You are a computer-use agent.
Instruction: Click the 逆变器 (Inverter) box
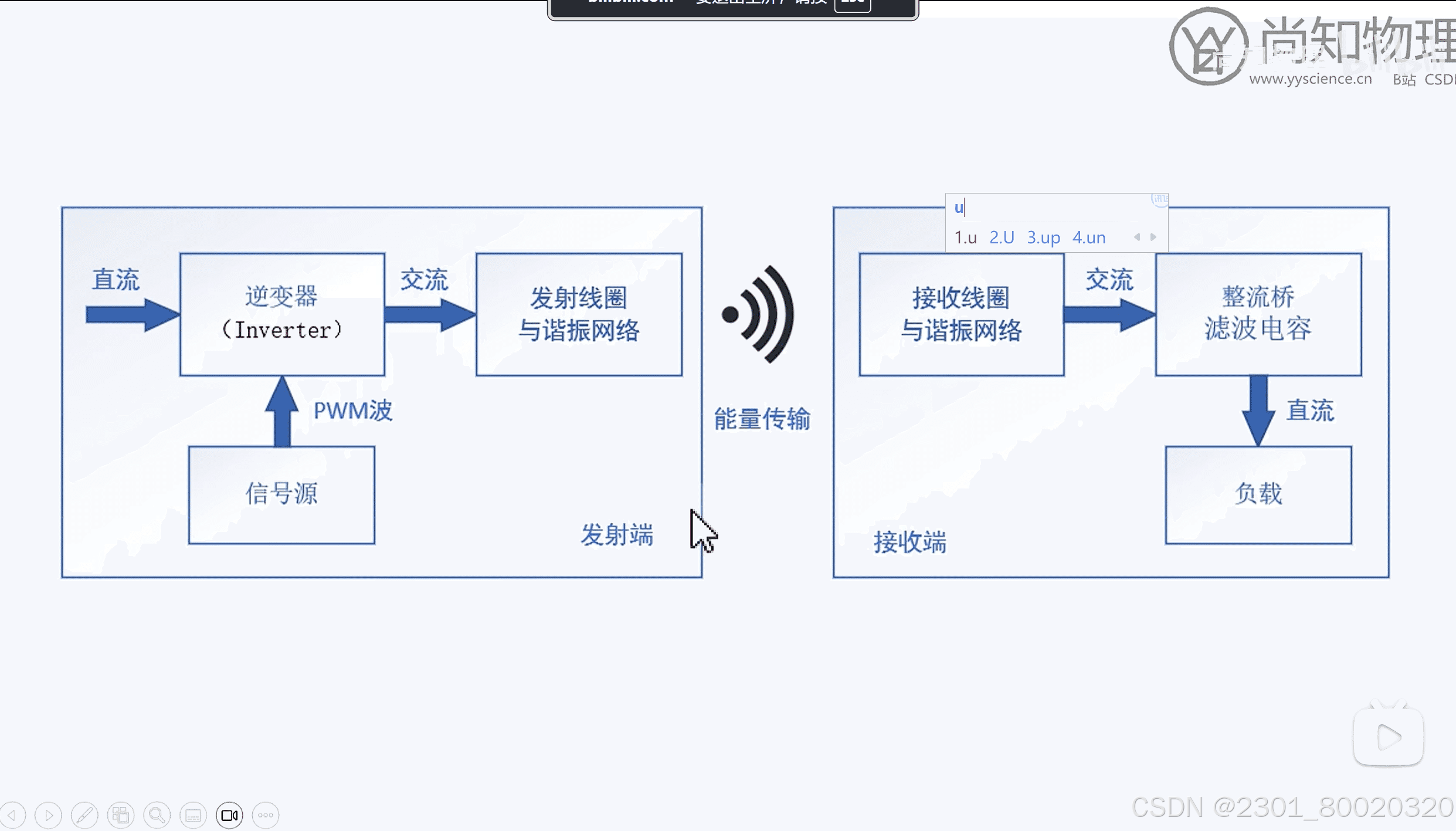pyautogui.click(x=282, y=314)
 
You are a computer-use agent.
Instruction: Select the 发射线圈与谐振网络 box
pyautogui.click(x=579, y=314)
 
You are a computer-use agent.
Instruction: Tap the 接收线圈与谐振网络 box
pyautogui.click(x=961, y=314)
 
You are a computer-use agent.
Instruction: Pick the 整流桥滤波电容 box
pyautogui.click(x=1258, y=314)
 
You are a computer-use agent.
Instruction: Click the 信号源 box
pyautogui.click(x=281, y=494)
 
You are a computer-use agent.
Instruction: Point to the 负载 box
pyautogui.click(x=1258, y=494)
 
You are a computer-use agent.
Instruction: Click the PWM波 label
pyautogui.click(x=352, y=411)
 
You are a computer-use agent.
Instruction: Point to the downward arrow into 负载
pyautogui.click(x=1258, y=411)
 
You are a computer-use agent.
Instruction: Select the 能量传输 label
pyautogui.click(x=762, y=419)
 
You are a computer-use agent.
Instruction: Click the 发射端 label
pyautogui.click(x=617, y=535)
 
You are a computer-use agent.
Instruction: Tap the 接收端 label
pyautogui.click(x=910, y=542)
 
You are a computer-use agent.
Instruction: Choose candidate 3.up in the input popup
pyautogui.click(x=1043, y=238)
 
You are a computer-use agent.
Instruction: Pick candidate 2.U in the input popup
pyautogui.click(x=1002, y=238)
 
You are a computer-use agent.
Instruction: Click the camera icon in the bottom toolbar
pyautogui.click(x=229, y=815)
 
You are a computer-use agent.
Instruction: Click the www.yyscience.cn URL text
pyautogui.click(x=1310, y=79)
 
